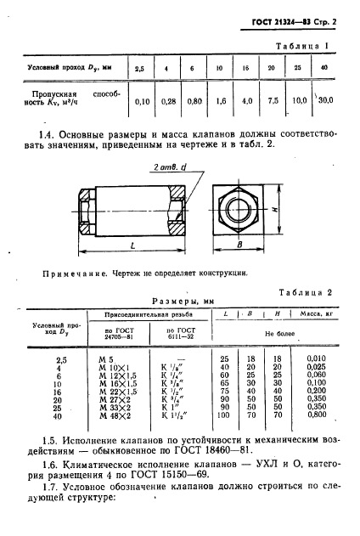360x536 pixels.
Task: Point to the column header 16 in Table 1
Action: coord(245,67)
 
